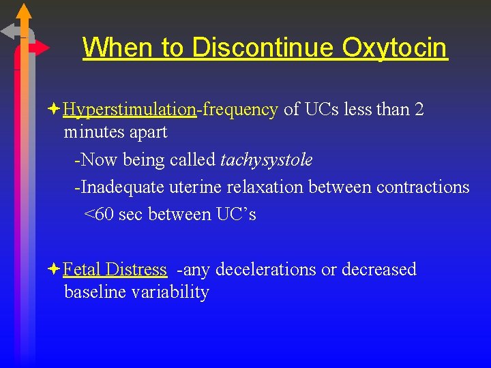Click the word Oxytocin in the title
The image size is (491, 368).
coord(395,48)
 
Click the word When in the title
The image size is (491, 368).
coord(118,48)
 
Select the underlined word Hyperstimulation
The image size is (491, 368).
coord(130,109)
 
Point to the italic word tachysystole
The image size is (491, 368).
coord(267,160)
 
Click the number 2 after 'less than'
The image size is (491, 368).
coord(419,109)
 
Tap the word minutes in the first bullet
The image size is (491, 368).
coord(93,132)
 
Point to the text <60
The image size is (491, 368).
coord(99,214)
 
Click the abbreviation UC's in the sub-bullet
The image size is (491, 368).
coord(236,214)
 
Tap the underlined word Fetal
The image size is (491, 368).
coord(81,269)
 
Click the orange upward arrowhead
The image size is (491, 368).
coord(24,12)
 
